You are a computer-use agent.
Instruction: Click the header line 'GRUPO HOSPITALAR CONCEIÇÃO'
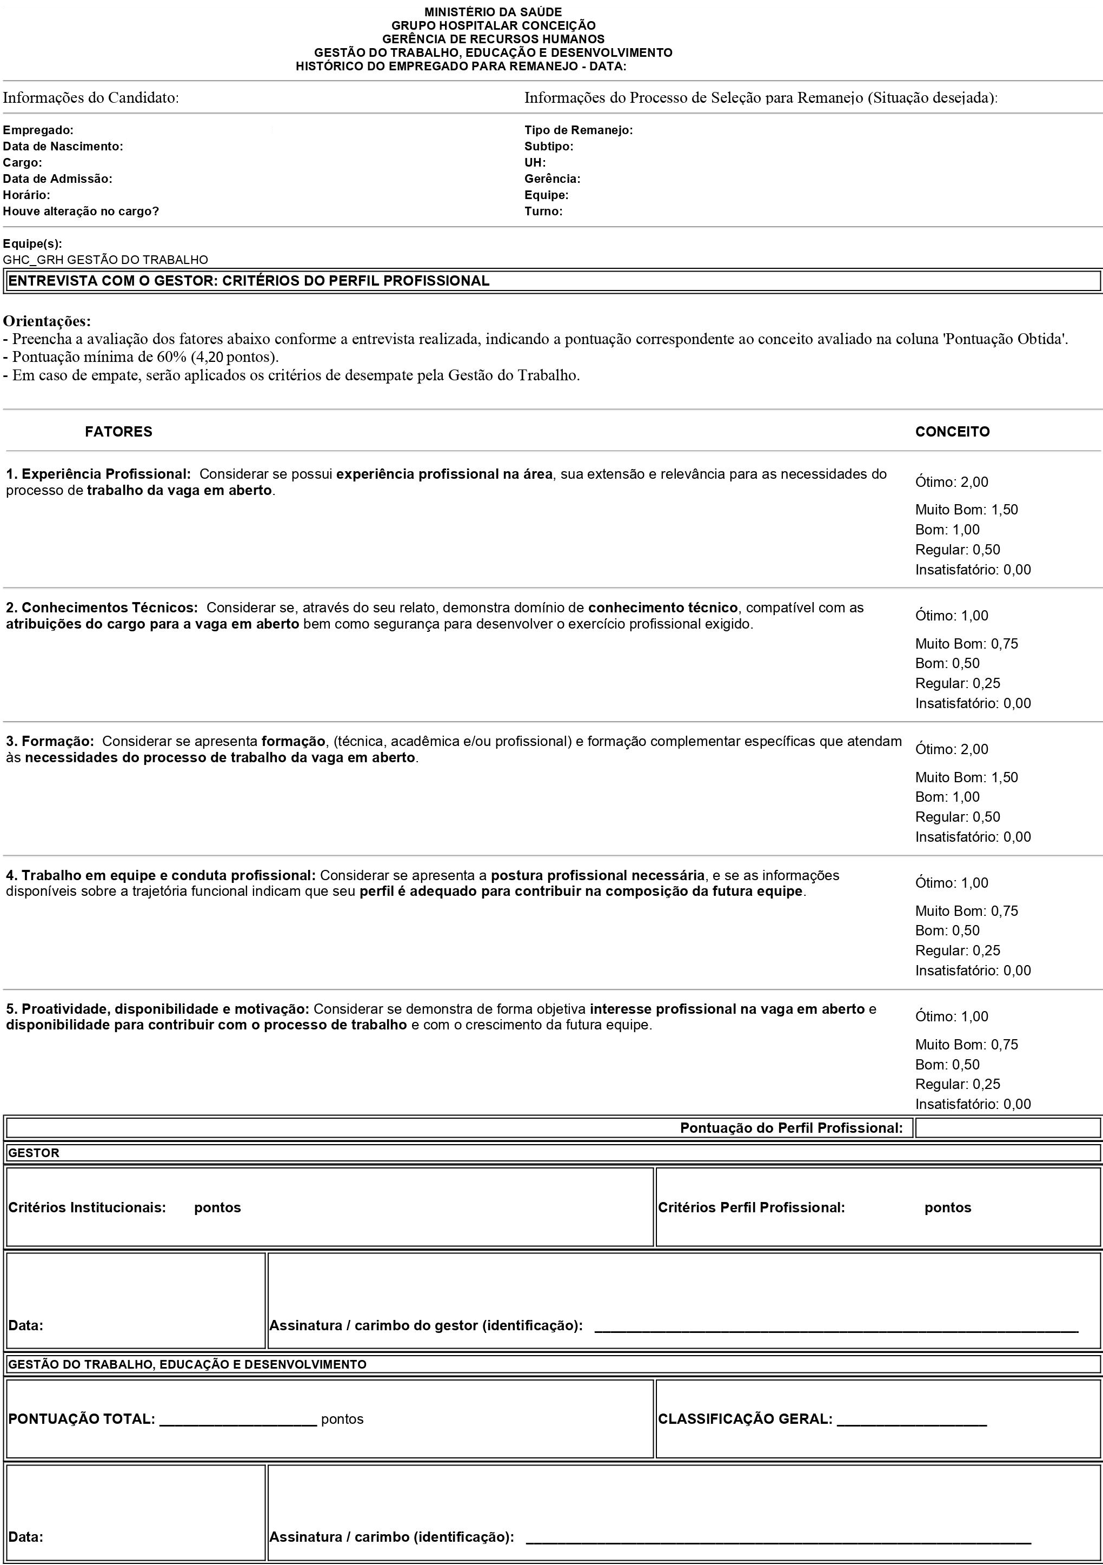[x=493, y=26]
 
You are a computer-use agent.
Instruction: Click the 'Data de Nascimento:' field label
[x=63, y=147]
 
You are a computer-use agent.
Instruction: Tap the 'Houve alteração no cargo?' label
[x=81, y=212]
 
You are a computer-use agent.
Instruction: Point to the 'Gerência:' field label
[x=552, y=179]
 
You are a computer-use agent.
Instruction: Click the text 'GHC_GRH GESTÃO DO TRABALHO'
[x=105, y=260]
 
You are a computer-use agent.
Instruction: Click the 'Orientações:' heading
[x=47, y=321]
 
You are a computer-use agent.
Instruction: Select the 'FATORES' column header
[x=118, y=432]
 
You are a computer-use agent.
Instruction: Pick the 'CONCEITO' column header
[x=952, y=432]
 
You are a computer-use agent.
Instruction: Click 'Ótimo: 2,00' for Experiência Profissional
[x=951, y=482]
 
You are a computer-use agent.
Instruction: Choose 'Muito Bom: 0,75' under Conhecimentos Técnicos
[x=966, y=643]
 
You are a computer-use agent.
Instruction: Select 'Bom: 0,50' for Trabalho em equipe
[x=947, y=930]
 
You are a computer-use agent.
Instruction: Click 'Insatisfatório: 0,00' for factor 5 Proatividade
[x=973, y=1104]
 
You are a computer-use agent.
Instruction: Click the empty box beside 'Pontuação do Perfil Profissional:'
[x=1008, y=1128]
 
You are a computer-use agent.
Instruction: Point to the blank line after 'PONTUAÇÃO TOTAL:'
[x=238, y=1418]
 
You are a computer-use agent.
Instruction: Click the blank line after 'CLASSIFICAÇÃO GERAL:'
[x=912, y=1418]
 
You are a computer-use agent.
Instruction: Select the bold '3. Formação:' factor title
[x=50, y=741]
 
